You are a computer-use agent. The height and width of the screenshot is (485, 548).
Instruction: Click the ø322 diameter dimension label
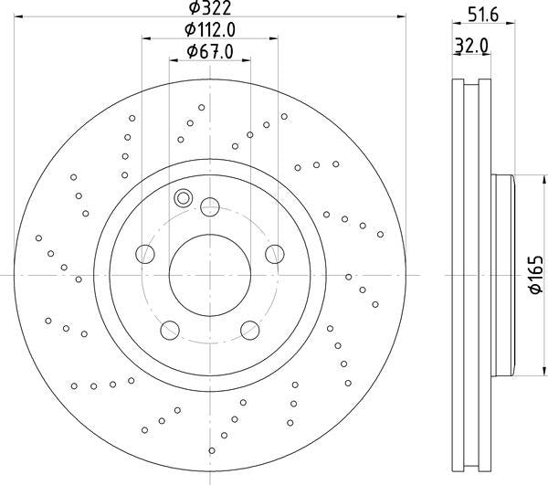click(210, 7)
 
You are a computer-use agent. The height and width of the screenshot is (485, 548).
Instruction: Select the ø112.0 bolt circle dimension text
click(210, 30)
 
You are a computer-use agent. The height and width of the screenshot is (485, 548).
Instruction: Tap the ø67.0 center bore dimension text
click(210, 52)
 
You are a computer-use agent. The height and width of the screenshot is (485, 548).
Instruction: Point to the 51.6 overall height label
click(483, 16)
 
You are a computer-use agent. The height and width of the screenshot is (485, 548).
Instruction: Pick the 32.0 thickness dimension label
click(472, 46)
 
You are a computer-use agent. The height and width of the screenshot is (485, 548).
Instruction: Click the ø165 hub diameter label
click(536, 275)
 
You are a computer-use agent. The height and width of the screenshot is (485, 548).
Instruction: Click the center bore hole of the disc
click(210, 275)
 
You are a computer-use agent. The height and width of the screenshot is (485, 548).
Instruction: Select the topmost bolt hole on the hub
click(210, 206)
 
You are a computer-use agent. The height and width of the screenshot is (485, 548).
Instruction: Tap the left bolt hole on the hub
click(145, 254)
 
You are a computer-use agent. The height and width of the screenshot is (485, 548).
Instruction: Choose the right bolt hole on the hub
click(275, 254)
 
